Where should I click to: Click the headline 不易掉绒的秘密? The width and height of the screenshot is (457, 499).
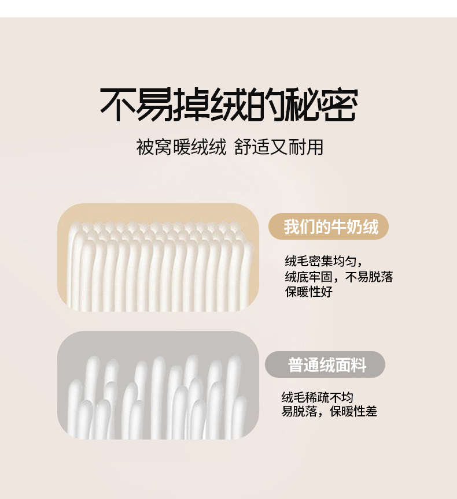229,105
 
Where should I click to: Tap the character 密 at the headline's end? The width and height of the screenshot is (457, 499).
340,105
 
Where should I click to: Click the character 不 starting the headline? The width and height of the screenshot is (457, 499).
118,105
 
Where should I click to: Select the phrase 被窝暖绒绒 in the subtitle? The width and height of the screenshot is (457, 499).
181,147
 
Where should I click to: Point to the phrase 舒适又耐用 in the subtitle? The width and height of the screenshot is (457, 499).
279,147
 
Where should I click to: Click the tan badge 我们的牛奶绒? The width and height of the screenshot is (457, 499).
329,226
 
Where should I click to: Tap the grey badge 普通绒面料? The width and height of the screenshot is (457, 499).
325,364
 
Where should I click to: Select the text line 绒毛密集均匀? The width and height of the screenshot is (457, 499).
322,261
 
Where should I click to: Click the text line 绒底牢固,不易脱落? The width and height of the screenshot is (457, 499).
339,277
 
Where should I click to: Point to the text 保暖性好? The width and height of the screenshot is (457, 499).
309,292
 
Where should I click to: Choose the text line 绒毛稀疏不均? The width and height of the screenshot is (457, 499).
318,397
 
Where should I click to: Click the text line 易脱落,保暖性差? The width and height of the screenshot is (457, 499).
329,411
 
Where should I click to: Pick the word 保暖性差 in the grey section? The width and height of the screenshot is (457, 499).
353,411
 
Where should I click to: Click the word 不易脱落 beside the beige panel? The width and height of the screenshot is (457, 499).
369,277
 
